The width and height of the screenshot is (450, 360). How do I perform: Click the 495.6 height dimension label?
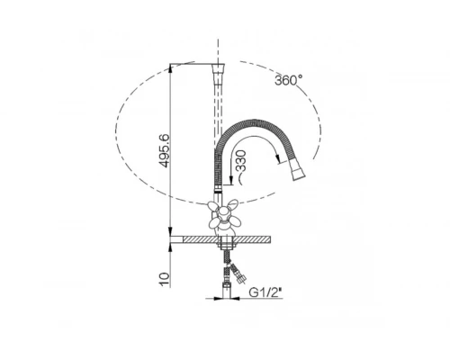click(x=165, y=151)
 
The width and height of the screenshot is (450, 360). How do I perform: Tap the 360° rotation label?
click(x=289, y=80)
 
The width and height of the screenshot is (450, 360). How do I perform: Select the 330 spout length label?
click(x=241, y=161)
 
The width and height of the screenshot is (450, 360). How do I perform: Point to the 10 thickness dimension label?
click(x=165, y=280)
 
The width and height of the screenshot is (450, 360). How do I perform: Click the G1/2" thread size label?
click(x=265, y=292)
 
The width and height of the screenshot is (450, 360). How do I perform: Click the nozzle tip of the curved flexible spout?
click(x=298, y=172)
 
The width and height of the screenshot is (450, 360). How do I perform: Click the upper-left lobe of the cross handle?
click(x=213, y=206)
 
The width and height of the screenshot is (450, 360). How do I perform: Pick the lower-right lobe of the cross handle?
click(x=235, y=221)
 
